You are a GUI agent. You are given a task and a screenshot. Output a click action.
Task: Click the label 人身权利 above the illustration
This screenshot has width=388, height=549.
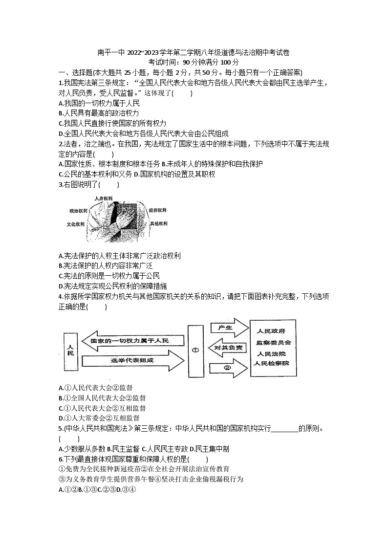tap(104, 198)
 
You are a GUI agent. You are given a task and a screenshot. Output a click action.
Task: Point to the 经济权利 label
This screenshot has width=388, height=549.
tap(158, 210)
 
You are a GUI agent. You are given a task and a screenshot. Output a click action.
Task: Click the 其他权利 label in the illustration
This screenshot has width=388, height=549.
tap(158, 223)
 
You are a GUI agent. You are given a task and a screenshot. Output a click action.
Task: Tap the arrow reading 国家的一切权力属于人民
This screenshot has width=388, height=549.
tap(132, 340)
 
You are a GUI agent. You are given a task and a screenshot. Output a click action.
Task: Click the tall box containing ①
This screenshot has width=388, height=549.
tap(195, 350)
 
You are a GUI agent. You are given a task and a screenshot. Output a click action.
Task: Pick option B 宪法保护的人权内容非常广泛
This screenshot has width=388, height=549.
tap(105, 266)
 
